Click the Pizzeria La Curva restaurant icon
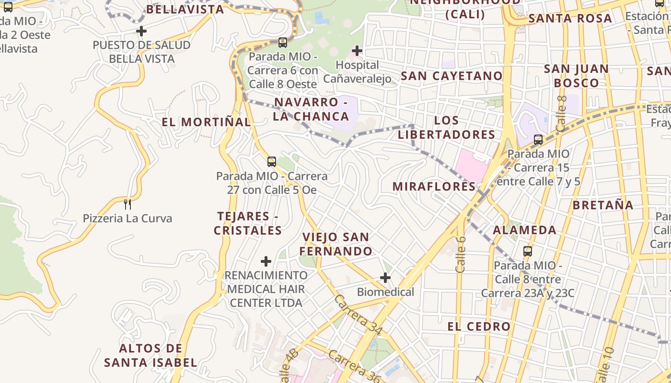click(127, 204)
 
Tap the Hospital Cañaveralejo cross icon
click(357, 50)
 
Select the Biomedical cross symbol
click(385, 278)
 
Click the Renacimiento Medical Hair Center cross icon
click(266, 261)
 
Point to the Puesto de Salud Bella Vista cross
click(141, 32)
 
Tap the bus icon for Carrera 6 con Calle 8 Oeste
click(283, 42)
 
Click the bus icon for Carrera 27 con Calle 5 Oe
click(272, 161)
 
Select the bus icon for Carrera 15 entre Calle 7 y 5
click(538, 140)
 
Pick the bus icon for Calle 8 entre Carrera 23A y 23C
click(528, 251)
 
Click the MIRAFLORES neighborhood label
click(434, 186)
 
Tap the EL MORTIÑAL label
click(206, 122)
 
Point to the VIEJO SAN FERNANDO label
click(336, 244)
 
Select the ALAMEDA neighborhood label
click(525, 230)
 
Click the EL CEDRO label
click(479, 327)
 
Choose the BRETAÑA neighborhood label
click(603, 205)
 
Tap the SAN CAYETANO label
click(451, 76)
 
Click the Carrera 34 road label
click(359, 315)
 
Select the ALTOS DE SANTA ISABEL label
click(151, 355)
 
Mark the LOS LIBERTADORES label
click(446, 127)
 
